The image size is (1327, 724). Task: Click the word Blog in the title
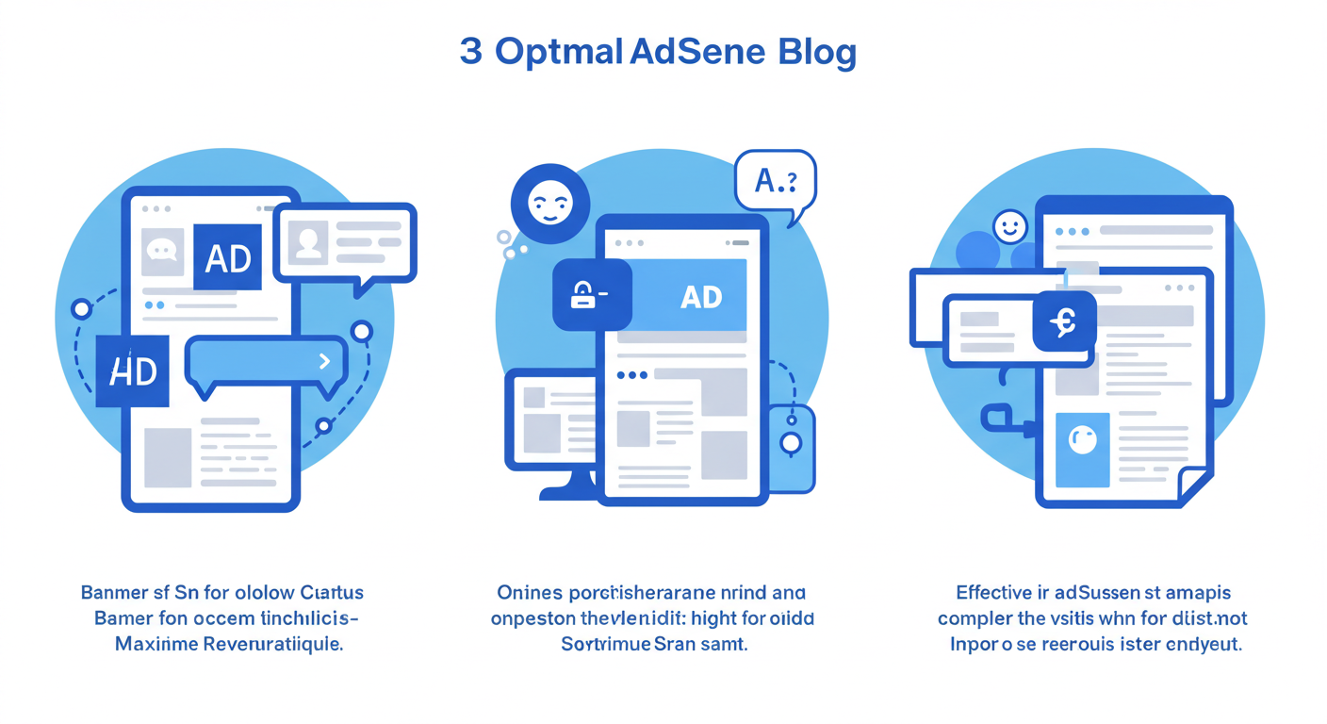pos(818,53)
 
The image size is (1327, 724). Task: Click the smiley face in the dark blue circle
pos(549,203)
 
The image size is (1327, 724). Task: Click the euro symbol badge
pos(1064,322)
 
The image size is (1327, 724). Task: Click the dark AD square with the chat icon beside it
pos(227,257)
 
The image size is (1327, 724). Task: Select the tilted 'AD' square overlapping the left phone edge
pos(133,371)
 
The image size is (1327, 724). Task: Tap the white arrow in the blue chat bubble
pos(324,361)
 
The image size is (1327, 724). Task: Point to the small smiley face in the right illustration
pos(1009,226)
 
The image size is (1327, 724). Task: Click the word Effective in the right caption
pos(995,593)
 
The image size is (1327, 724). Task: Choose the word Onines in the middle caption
pos(529,593)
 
